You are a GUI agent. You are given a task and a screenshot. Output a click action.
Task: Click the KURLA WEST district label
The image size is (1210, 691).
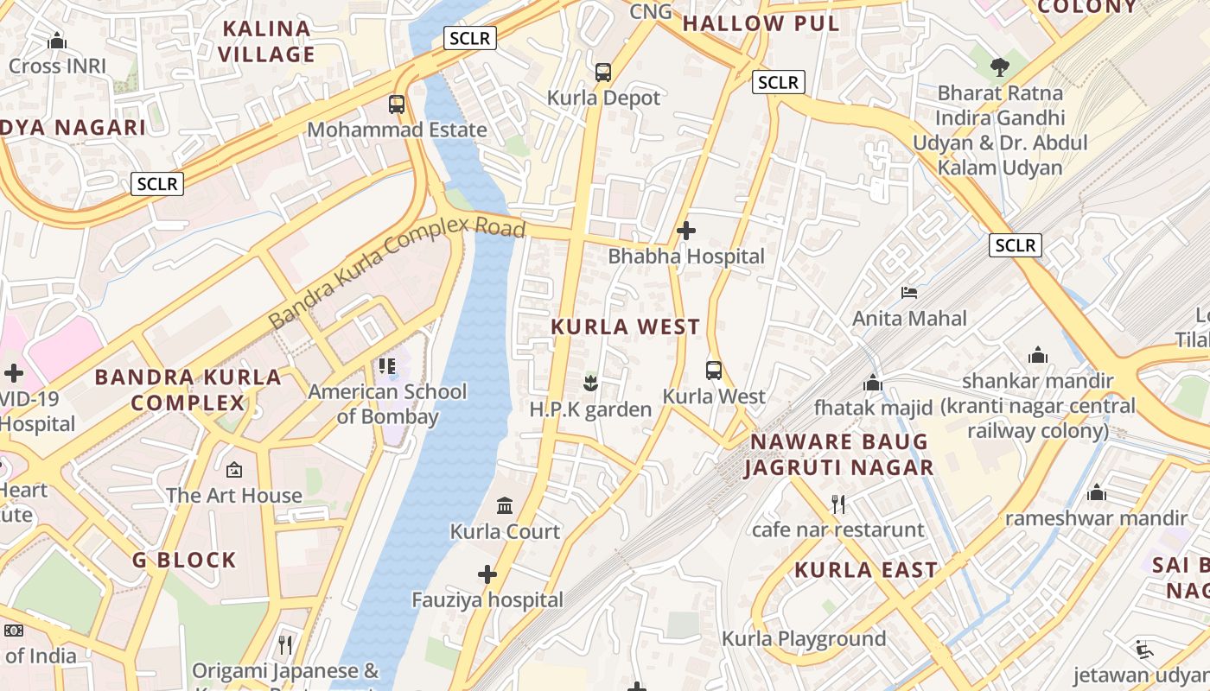pyautogui.click(x=625, y=326)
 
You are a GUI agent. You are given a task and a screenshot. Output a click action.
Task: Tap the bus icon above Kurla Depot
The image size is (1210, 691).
pyautogui.click(x=603, y=73)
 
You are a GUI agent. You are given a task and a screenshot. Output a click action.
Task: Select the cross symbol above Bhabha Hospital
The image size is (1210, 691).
pyautogui.click(x=686, y=231)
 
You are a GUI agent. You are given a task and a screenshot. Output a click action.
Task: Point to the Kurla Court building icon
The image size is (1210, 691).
pyautogui.click(x=505, y=505)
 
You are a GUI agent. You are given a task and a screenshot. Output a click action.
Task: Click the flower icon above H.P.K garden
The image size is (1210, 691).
pyautogui.click(x=590, y=383)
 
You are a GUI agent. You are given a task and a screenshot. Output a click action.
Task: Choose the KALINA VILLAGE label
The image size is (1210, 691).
pyautogui.click(x=266, y=41)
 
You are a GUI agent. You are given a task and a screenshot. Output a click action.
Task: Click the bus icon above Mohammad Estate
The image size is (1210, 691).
pyautogui.click(x=397, y=105)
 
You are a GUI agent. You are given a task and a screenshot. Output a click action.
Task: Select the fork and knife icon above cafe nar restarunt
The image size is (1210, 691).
pyautogui.click(x=837, y=504)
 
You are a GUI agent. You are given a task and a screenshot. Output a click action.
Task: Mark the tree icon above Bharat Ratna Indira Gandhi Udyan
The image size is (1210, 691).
pyautogui.click(x=1000, y=67)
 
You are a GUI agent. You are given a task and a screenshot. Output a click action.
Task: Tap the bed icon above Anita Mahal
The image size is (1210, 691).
pyautogui.click(x=909, y=293)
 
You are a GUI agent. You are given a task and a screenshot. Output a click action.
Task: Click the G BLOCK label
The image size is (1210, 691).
pyautogui.click(x=184, y=560)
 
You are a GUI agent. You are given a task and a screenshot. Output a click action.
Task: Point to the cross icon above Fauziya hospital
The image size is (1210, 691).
pyautogui.click(x=487, y=574)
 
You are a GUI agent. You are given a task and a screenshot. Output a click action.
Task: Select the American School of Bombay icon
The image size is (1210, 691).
pyautogui.click(x=386, y=366)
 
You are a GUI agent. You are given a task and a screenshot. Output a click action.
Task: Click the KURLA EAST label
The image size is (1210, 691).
pyautogui.click(x=866, y=570)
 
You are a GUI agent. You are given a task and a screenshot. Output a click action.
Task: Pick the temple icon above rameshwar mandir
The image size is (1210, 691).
pyautogui.click(x=1097, y=492)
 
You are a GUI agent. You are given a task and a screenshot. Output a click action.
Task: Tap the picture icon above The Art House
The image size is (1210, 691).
pyautogui.click(x=234, y=470)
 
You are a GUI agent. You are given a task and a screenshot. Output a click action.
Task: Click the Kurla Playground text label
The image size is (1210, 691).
pyautogui.click(x=804, y=639)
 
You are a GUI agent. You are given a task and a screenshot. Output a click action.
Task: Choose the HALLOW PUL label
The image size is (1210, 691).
pyautogui.click(x=761, y=23)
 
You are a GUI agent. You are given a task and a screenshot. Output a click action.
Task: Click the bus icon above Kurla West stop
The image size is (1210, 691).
pyautogui.click(x=714, y=371)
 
